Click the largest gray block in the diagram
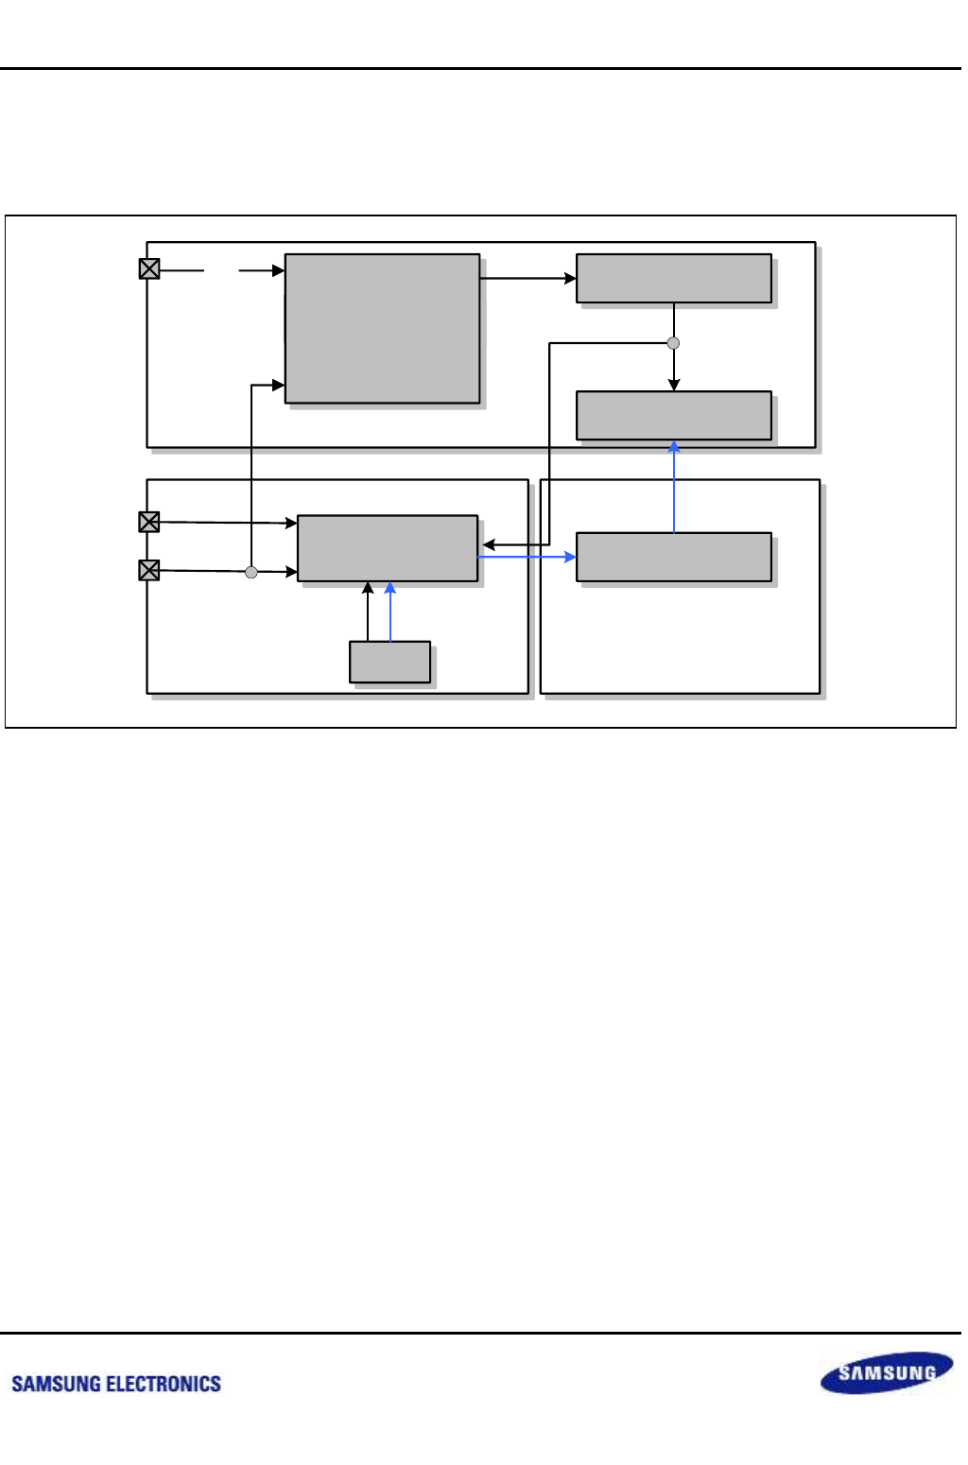(x=382, y=328)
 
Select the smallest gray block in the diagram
(x=389, y=662)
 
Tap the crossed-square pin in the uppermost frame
(x=149, y=269)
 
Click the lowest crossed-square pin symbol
(x=149, y=570)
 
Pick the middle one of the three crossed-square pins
(x=149, y=522)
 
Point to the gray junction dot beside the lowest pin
(x=251, y=572)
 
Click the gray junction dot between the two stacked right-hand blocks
(x=674, y=343)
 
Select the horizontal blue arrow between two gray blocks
(x=527, y=557)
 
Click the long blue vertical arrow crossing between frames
(x=674, y=487)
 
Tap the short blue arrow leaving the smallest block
(x=390, y=612)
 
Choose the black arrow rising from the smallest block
(x=369, y=612)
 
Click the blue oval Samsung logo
(x=887, y=1372)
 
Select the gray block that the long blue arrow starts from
(x=674, y=557)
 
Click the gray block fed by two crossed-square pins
(x=388, y=548)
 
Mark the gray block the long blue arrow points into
(x=674, y=415)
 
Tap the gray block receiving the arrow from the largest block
(x=674, y=278)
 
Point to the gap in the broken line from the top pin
(x=221, y=270)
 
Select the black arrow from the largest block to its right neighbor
(x=527, y=278)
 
